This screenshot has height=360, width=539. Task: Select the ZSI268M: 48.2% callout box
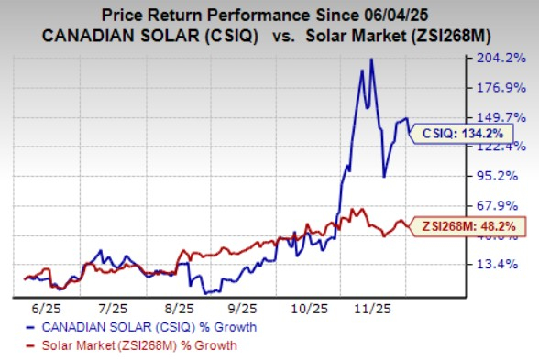coord(460,224)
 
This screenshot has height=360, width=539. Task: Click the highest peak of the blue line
coord(371,60)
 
